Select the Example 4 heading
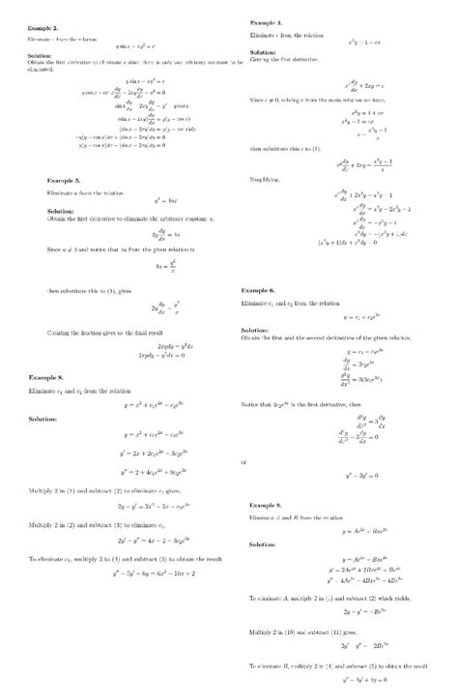click(266, 20)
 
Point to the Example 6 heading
click(259, 290)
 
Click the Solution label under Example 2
click(27, 56)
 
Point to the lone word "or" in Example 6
click(243, 462)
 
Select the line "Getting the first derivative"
click(282, 59)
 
